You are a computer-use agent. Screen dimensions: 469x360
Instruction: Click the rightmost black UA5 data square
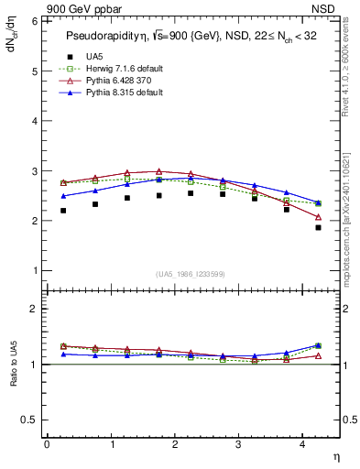tap(318, 227)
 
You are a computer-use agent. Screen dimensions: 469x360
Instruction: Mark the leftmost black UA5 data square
tap(63, 211)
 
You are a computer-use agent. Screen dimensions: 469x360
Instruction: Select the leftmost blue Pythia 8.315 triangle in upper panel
tap(63, 195)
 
